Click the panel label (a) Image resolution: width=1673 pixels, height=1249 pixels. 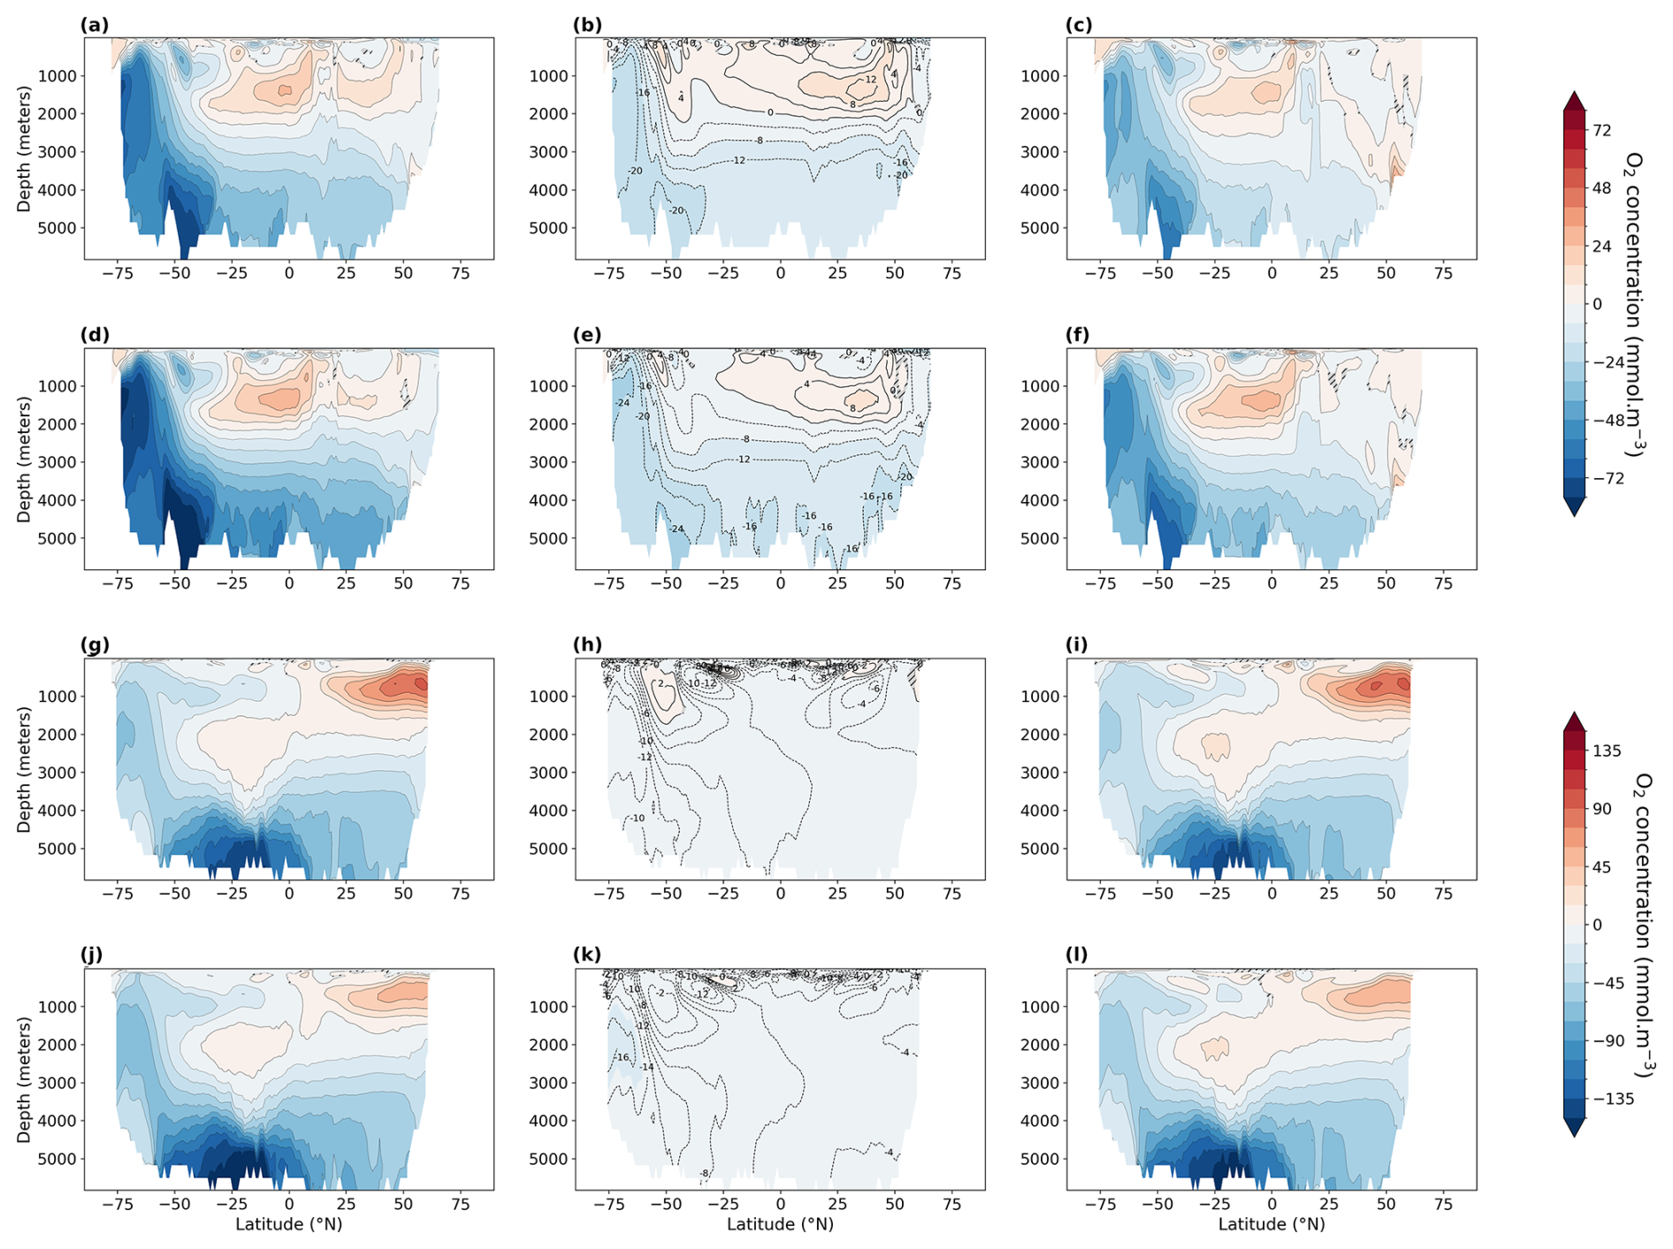[95, 25]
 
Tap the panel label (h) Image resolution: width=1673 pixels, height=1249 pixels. [587, 645]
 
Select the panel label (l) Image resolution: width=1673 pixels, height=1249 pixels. [1077, 955]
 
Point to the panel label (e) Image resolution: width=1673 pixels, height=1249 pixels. [587, 335]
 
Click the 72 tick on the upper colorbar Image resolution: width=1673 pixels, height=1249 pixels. [1601, 131]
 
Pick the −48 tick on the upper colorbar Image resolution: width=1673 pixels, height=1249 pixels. [1608, 420]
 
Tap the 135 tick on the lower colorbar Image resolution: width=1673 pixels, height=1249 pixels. [1607, 751]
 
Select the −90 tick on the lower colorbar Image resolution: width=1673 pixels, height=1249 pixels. [1608, 1040]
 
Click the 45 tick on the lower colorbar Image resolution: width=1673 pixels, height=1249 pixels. [1601, 867]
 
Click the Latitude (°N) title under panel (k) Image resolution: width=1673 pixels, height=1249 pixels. [780, 1224]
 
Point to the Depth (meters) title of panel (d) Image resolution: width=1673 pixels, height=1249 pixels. [24, 459]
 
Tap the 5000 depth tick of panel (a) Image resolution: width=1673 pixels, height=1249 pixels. [58, 228]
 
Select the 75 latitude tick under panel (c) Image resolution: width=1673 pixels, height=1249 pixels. [1443, 273]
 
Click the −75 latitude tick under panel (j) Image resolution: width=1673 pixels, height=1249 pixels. [118, 1204]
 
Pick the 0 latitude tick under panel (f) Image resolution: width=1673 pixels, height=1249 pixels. [1272, 583]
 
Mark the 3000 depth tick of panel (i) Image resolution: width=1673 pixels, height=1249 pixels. [1042, 773]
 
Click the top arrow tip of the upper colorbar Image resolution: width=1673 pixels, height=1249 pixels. [1574, 92]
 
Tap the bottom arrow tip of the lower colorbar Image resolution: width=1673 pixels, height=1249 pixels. [1574, 1136]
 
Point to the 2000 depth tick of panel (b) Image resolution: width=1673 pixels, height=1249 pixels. [550, 114]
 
